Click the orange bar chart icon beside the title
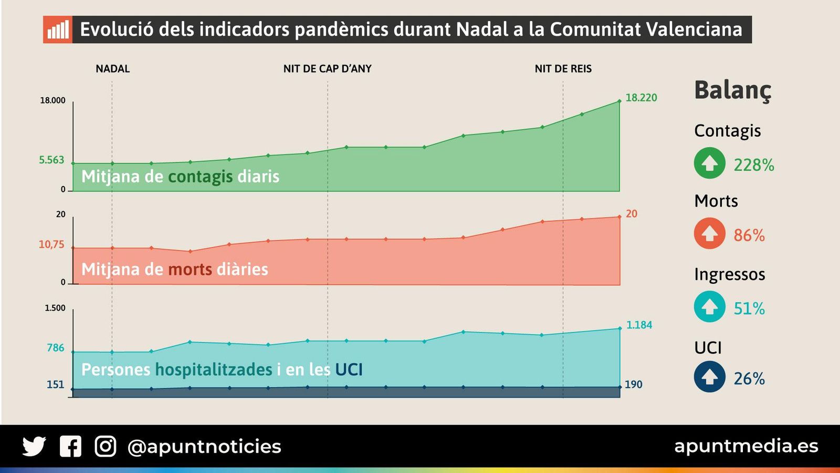(x=58, y=29)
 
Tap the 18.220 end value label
(x=641, y=98)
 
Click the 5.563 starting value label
(x=51, y=160)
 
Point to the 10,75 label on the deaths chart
(x=51, y=244)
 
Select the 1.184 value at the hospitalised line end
(x=639, y=325)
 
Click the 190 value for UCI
(x=633, y=384)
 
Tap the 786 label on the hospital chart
(x=55, y=348)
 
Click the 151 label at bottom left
(x=55, y=384)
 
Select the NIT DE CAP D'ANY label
(x=327, y=69)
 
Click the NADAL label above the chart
(x=112, y=69)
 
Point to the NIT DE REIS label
(x=563, y=69)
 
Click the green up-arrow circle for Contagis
(x=709, y=163)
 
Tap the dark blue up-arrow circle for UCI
(x=709, y=377)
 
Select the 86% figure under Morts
(x=749, y=235)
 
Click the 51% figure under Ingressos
(x=749, y=309)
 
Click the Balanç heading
(x=732, y=90)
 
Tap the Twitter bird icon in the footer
(x=34, y=447)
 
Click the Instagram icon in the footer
(x=106, y=447)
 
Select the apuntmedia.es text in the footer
(x=746, y=446)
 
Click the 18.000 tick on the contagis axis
(x=52, y=100)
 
